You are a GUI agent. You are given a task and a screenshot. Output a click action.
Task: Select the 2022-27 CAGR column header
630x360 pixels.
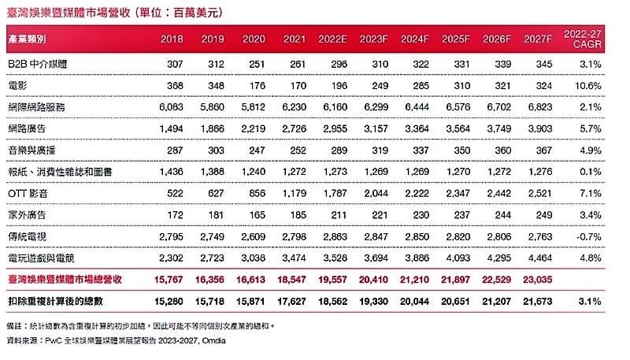(584, 39)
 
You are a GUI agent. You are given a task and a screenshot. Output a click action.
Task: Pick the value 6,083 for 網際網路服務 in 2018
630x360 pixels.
(172, 105)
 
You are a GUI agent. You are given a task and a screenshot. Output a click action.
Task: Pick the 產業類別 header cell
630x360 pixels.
(28, 39)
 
